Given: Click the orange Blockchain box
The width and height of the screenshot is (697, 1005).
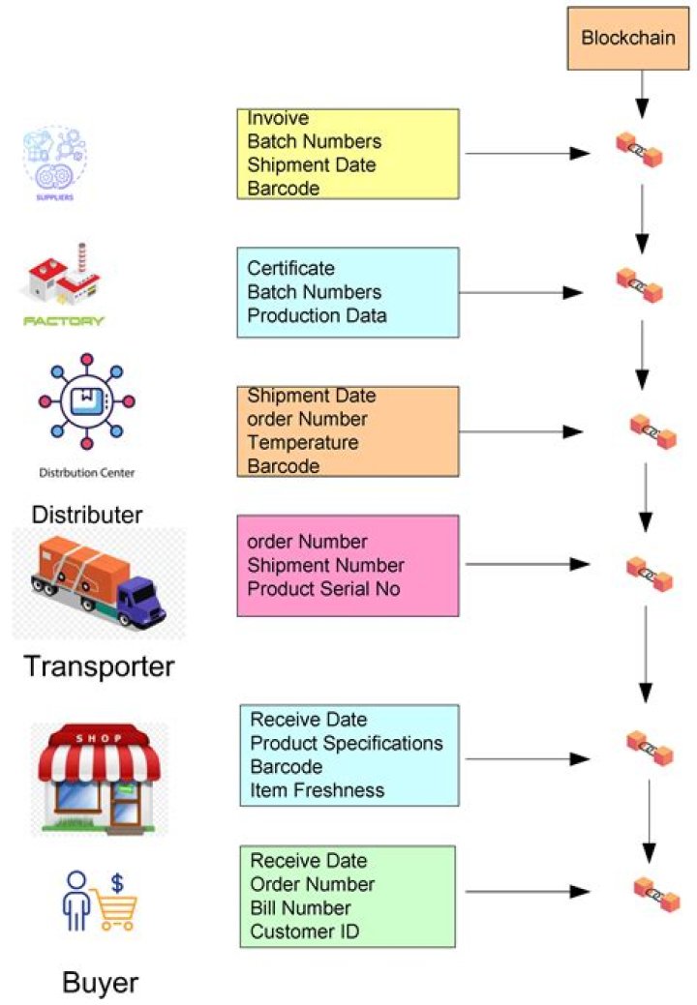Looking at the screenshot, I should (635, 39).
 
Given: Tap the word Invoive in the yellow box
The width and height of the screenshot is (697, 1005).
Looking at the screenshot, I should (278, 118).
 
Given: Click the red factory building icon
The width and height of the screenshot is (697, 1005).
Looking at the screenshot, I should (62, 277).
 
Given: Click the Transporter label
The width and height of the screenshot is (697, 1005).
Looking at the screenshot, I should (99, 666).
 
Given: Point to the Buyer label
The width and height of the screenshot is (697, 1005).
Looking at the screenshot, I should (100, 983).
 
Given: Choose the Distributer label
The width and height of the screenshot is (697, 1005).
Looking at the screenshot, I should (87, 514).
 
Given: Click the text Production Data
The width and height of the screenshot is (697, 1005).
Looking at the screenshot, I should (317, 315).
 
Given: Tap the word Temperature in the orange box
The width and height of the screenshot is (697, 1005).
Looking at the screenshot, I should (302, 443).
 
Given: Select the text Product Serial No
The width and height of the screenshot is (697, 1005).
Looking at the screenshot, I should (322, 589).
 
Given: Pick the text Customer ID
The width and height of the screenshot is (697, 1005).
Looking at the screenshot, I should (304, 931).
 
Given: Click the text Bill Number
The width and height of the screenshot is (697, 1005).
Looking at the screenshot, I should (300, 907).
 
